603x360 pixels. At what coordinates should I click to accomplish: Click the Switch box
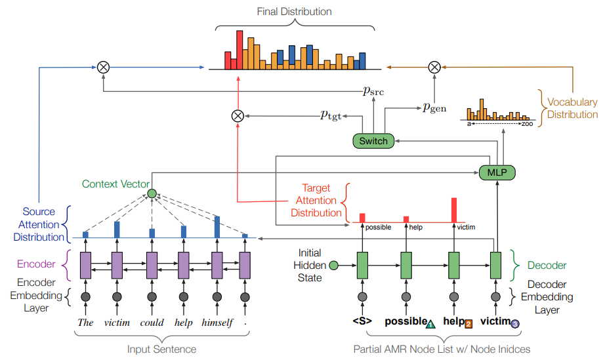click(373, 140)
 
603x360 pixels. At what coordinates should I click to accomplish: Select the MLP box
click(497, 172)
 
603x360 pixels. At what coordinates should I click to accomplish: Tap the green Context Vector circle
click(152, 193)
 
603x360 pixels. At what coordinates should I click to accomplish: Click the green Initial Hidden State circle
click(333, 266)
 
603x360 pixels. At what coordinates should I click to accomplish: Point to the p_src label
click(373, 91)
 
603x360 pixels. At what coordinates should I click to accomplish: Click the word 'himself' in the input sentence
click(217, 323)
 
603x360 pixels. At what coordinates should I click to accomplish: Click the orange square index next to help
click(468, 324)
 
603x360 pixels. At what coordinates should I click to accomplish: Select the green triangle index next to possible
click(430, 324)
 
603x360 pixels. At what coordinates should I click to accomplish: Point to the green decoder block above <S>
click(360, 265)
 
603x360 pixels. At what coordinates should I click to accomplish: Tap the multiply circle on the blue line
click(103, 66)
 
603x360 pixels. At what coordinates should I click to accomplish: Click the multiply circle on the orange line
click(434, 66)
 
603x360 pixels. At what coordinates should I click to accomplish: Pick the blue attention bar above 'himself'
click(217, 226)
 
